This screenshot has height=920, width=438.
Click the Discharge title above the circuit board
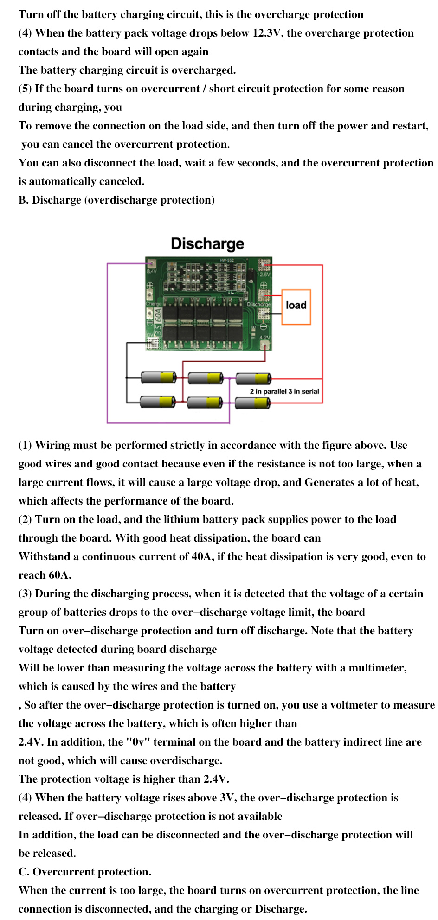(207, 243)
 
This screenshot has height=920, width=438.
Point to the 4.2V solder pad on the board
(264, 345)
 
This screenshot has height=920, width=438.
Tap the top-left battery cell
(158, 377)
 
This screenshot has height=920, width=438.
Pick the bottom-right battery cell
(253, 403)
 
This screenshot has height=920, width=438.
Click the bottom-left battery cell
(158, 402)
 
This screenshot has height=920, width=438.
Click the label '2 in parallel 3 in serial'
(284, 391)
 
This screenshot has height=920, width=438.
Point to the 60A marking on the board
(158, 315)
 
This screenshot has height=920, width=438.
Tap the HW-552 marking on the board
(227, 260)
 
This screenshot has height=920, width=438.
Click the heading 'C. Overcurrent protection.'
(85, 872)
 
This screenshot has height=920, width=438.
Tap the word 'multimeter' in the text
(377, 668)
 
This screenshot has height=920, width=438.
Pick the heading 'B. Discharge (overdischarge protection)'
(116, 200)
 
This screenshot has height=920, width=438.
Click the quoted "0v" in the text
(138, 742)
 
